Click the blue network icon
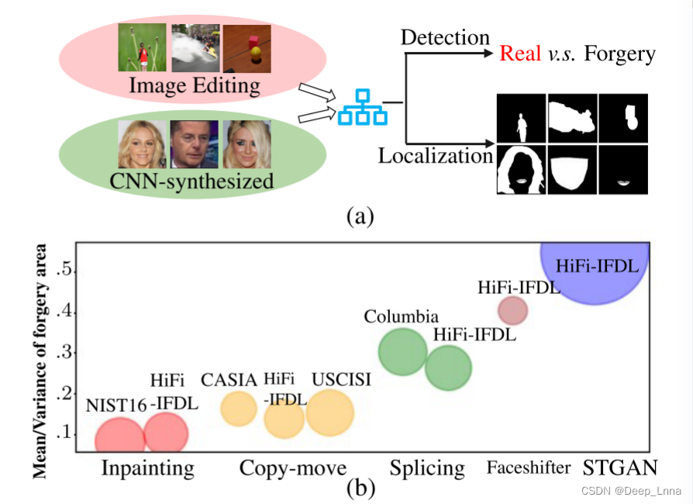(x=361, y=106)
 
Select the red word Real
(x=520, y=54)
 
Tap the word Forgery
(x=619, y=54)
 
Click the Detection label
(x=445, y=36)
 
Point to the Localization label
(x=435, y=156)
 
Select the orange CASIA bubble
(x=239, y=409)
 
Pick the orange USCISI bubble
(x=330, y=413)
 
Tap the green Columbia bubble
(x=402, y=351)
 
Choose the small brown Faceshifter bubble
(x=512, y=310)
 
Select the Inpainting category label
(x=147, y=468)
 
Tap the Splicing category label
(x=427, y=468)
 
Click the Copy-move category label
(x=292, y=468)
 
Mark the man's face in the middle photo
(x=194, y=144)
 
